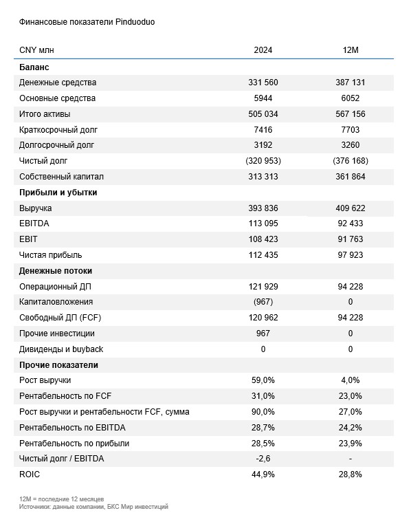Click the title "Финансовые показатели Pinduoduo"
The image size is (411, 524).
(87, 22)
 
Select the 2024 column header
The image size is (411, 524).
(263, 50)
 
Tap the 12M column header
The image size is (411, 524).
(351, 50)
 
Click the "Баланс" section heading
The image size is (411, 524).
(34, 67)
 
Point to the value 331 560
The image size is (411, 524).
(263, 83)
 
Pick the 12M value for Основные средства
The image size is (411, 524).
(351, 98)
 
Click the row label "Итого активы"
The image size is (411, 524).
(45, 114)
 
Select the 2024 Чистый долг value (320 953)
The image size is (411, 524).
(263, 161)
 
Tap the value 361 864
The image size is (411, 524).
(351, 177)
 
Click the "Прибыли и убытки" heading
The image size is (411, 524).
(58, 193)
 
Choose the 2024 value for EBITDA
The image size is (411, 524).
(263, 223)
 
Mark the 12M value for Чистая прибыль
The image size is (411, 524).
(351, 255)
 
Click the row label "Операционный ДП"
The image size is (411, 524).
(55, 287)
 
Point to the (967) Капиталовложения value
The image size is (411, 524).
(263, 302)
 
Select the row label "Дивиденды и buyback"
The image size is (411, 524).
(61, 349)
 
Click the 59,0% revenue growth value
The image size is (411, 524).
(263, 380)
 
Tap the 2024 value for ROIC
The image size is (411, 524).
(263, 474)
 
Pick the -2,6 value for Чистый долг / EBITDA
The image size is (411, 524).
(263, 459)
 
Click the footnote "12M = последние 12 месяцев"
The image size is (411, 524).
(61, 499)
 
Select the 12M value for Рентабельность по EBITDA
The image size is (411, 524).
(351, 428)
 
